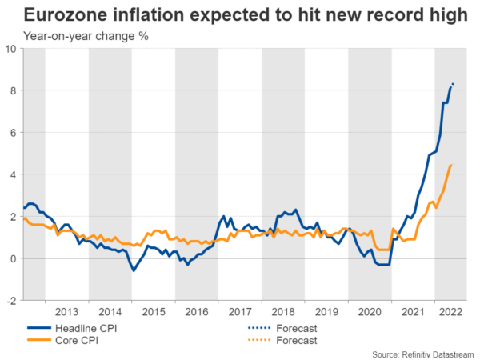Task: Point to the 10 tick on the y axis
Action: tap(11, 49)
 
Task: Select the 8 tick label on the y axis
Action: tap(14, 90)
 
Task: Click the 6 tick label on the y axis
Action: tap(14, 133)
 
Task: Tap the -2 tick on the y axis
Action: tap(11, 301)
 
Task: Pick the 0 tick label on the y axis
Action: tap(14, 258)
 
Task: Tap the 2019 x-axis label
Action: tap(327, 310)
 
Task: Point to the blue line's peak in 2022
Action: tap(453, 84)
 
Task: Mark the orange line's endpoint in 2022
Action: tap(453, 164)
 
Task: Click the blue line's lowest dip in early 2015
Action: tap(134, 270)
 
